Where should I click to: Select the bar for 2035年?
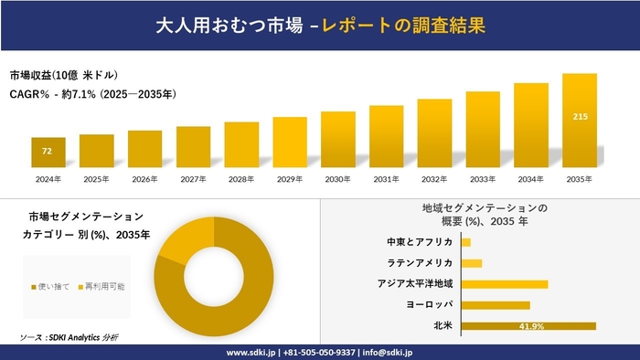pyautogui.click(x=580, y=121)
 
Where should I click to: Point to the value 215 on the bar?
pyautogui.click(x=580, y=117)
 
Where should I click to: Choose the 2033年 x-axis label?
pyautogui.click(x=483, y=178)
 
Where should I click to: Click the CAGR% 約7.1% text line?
pyautogui.click(x=93, y=94)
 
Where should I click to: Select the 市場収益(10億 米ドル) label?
pyautogui.click(x=64, y=74)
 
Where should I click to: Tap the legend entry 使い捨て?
pyautogui.click(x=52, y=287)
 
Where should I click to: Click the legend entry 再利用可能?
pyautogui.click(x=102, y=287)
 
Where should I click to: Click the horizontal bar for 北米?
pyautogui.click(x=528, y=325)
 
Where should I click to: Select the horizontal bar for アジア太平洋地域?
pyautogui.click(x=505, y=284)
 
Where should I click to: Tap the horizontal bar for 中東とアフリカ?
pyautogui.click(x=466, y=242)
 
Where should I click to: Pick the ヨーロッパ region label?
pyautogui.click(x=428, y=304)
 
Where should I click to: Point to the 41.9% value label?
pyautogui.click(x=531, y=325)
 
